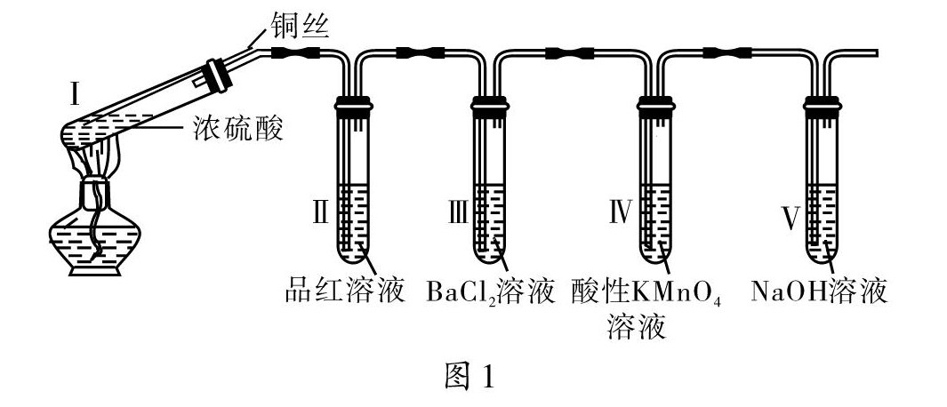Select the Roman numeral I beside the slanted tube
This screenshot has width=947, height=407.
pyautogui.click(x=76, y=92)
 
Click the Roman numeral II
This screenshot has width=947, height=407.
pyautogui.click(x=321, y=211)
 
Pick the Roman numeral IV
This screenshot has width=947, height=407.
pyautogui.click(x=619, y=211)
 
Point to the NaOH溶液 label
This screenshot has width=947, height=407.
pyautogui.click(x=819, y=291)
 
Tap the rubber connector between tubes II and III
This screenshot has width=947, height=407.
pyautogui.click(x=418, y=53)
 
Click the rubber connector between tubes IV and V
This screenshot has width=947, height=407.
pyautogui.click(x=723, y=53)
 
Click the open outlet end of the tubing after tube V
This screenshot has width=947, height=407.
pyautogui.click(x=875, y=54)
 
